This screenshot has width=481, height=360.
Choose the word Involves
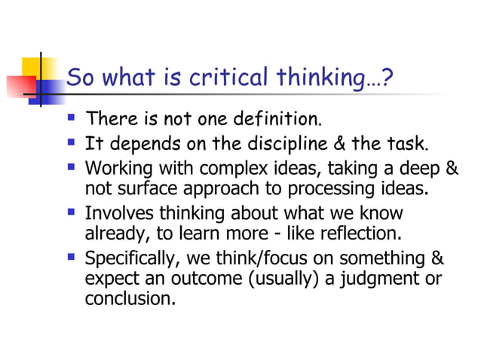(120, 213)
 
